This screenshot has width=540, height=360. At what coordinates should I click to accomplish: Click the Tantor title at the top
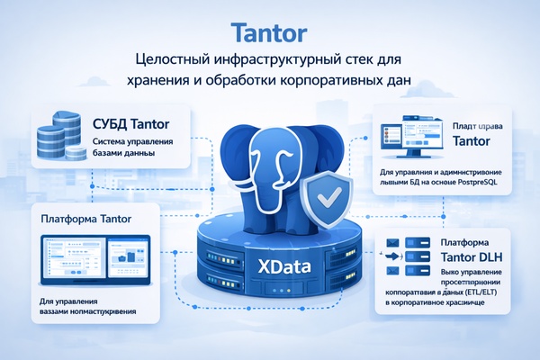point(269,32)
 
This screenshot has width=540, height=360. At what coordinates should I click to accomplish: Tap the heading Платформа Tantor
point(85,218)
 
